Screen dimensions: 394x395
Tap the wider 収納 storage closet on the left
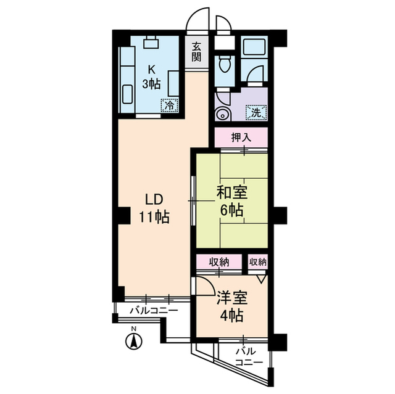pos(218,261)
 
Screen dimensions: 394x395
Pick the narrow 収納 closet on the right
pos(258,261)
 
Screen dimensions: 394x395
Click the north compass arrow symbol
pos(132,340)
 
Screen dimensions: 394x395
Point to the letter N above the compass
pos(132,327)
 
